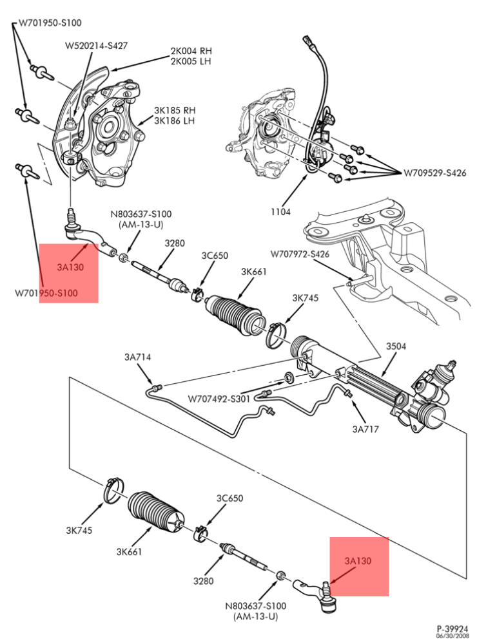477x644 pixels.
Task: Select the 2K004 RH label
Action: coord(191,51)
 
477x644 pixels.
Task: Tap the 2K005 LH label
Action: coord(191,61)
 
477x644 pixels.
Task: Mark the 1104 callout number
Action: coord(281,211)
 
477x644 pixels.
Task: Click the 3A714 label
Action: coord(137,357)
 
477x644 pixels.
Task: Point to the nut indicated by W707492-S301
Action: coord(289,377)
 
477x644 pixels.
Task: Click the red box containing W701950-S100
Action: coord(68,273)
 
